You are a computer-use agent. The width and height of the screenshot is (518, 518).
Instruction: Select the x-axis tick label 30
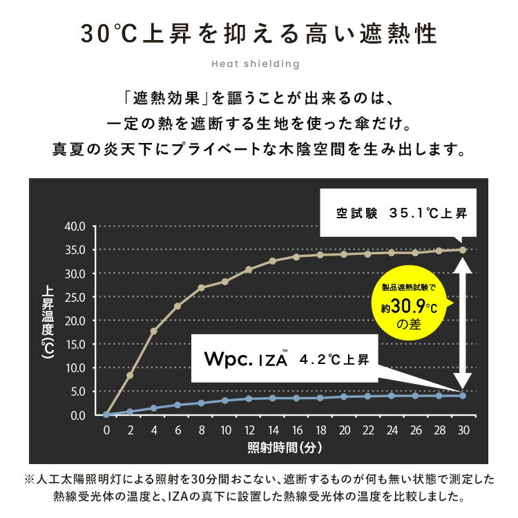click(463, 430)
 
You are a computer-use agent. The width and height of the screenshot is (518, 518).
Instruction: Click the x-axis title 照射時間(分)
click(285, 447)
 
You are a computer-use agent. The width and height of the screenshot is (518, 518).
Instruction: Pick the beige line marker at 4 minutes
click(154, 331)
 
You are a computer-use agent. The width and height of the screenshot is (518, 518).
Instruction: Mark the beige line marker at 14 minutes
click(273, 261)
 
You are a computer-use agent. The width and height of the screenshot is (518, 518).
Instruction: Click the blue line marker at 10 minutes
click(225, 400)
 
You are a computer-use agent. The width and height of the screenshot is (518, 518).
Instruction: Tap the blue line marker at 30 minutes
click(463, 395)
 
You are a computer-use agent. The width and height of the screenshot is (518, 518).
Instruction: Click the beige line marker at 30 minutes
click(463, 250)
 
